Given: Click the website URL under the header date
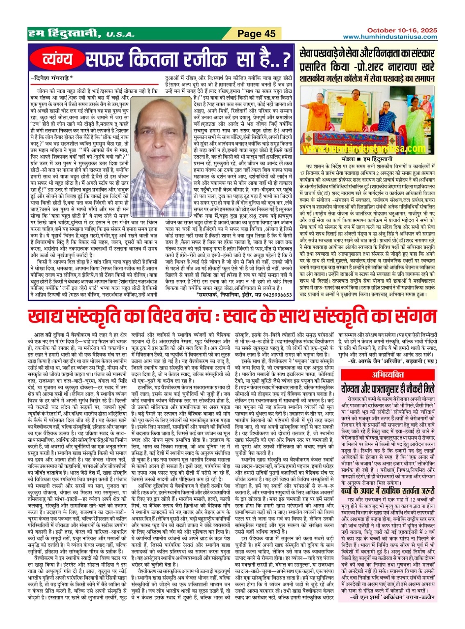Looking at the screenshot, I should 390,37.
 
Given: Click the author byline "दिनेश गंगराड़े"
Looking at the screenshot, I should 52,77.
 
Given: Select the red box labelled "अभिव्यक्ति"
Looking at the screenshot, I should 387,374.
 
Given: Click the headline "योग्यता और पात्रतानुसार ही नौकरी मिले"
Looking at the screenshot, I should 387,388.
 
